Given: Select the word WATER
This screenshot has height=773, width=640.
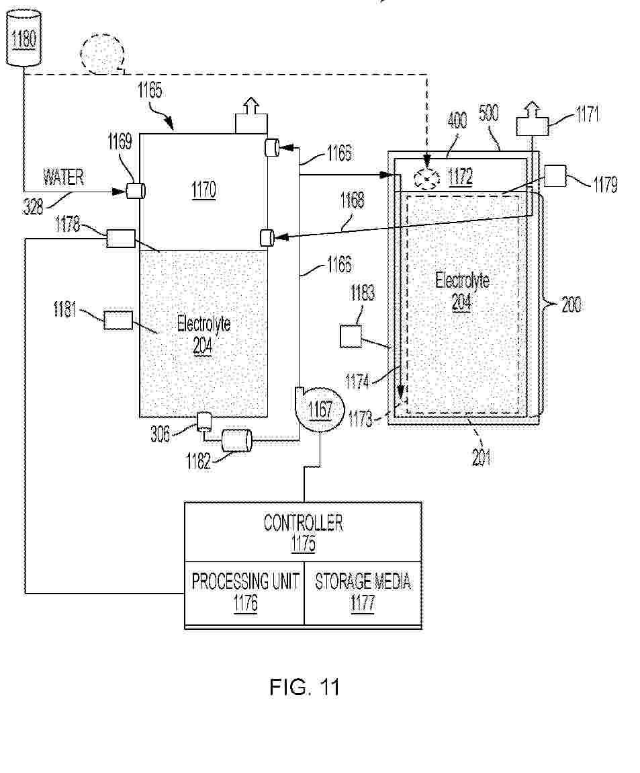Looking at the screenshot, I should [64, 177].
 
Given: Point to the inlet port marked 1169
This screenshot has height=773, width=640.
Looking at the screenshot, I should [136, 192].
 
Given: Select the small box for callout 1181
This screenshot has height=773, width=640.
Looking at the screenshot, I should [118, 320].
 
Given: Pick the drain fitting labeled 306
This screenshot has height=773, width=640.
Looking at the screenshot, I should [203, 421].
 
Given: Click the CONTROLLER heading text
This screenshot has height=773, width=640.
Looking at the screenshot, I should [303, 523].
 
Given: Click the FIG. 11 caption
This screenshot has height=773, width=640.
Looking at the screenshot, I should [304, 687].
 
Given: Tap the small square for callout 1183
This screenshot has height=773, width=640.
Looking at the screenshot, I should [351, 336].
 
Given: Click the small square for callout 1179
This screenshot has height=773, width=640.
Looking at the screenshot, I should [555, 175].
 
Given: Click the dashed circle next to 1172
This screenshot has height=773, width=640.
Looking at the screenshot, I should [426, 178].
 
